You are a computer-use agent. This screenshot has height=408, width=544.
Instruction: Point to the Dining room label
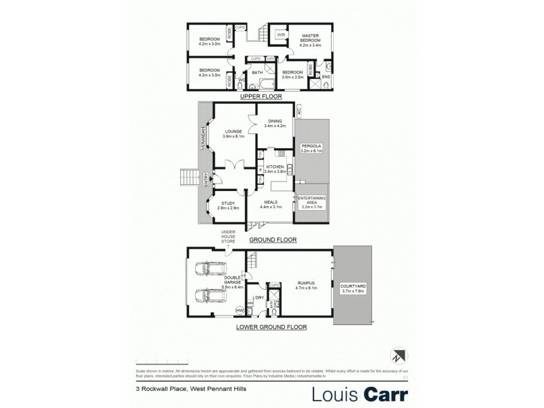coord(275,123)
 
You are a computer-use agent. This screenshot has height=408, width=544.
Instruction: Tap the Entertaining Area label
coord(313,202)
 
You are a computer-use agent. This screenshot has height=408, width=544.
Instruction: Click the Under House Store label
coord(228,236)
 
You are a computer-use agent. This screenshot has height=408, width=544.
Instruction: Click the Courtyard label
coord(353,288)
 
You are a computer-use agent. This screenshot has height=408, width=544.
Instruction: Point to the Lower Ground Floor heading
coord(271,327)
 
